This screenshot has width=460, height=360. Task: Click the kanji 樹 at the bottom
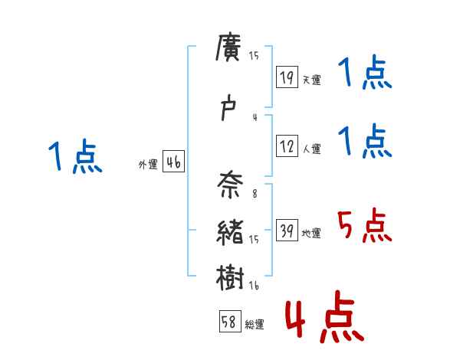(230, 276)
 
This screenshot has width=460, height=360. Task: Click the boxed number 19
(287, 77)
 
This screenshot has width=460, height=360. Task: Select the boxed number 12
(287, 146)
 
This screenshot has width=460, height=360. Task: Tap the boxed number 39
(287, 231)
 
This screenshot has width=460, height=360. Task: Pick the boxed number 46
(173, 162)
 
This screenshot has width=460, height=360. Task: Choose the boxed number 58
(229, 322)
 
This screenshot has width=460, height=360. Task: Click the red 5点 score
(364, 226)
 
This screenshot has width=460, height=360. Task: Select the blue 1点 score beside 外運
(74, 157)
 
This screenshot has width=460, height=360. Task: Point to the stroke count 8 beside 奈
(254, 195)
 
